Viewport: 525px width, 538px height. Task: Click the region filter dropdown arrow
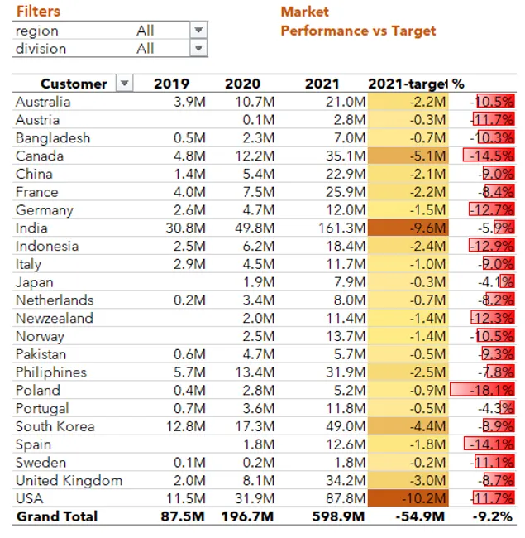pyautogui.click(x=198, y=31)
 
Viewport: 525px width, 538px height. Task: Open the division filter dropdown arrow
pyautogui.click(x=198, y=49)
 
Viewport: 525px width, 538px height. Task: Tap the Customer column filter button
pyautogui.click(x=124, y=84)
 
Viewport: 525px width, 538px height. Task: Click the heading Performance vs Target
pyautogui.click(x=358, y=31)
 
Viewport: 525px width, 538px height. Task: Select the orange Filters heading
pyautogui.click(x=38, y=12)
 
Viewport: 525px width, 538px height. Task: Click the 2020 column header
pyautogui.click(x=242, y=84)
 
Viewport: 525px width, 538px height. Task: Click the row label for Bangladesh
pyautogui.click(x=53, y=138)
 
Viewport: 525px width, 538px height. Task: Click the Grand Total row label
pyautogui.click(x=57, y=516)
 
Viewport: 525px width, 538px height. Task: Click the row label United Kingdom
pyautogui.click(x=69, y=480)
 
